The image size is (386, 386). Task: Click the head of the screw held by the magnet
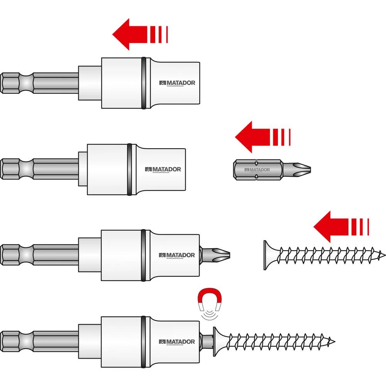pyautogui.click(x=216, y=342)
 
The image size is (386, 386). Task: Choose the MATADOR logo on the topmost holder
pyautogui.click(x=177, y=83)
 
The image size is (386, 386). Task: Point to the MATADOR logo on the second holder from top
pyautogui.click(x=163, y=169)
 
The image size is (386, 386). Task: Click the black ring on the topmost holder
pyautogui.click(x=144, y=83)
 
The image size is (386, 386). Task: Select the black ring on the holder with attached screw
pyautogui.click(x=144, y=342)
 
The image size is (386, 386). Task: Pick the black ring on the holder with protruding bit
pyautogui.click(x=144, y=255)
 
